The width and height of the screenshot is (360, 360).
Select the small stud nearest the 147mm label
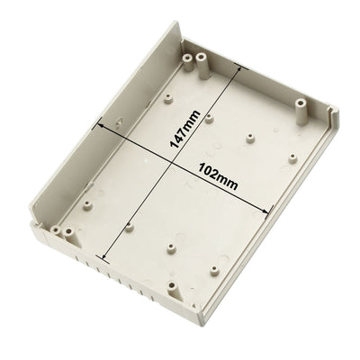(x=211, y=117)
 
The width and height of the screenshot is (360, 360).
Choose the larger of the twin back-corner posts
(x=202, y=61)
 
